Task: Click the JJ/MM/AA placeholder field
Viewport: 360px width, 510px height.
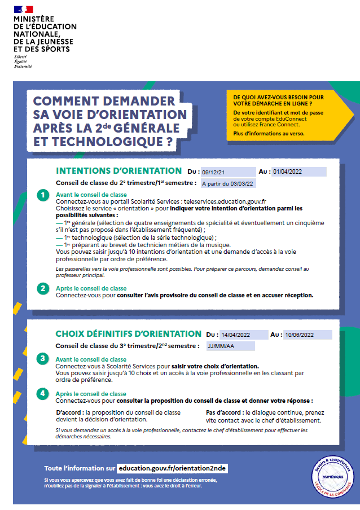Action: coord(230,346)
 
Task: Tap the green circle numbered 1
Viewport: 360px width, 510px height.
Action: coord(43,196)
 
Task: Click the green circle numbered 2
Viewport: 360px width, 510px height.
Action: coord(43,288)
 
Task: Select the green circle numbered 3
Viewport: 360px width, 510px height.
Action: coord(43,358)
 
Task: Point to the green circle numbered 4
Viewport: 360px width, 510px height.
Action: coord(43,393)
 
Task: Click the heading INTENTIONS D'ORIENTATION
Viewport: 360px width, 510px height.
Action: coord(118,171)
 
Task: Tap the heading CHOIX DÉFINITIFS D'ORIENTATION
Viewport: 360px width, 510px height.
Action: coord(128,334)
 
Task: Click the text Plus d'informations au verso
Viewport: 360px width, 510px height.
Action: coord(268,133)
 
